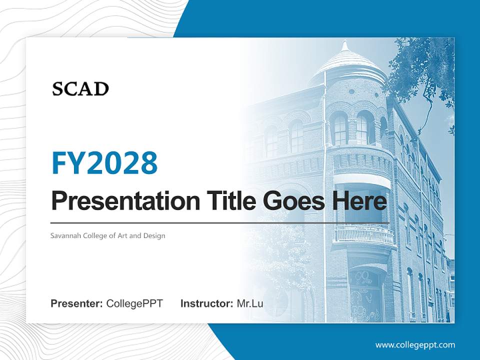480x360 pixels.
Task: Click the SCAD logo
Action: tap(80, 89)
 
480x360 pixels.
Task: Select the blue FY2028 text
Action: tap(104, 163)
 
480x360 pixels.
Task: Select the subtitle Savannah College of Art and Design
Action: tap(107, 235)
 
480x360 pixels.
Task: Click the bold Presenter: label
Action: tap(77, 303)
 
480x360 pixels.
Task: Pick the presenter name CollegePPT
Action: tap(134, 303)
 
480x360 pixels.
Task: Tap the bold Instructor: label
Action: tap(206, 303)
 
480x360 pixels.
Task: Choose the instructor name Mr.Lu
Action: tap(250, 303)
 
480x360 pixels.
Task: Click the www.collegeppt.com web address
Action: tap(415, 344)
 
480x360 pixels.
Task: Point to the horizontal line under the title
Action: tap(220, 222)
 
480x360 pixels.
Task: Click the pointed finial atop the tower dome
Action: tap(344, 45)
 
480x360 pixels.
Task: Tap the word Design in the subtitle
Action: tap(154, 235)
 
